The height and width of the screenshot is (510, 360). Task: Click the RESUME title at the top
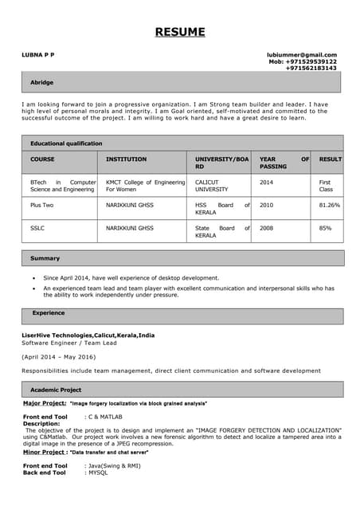pos(179,32)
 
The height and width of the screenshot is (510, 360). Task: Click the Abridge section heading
pos(42,82)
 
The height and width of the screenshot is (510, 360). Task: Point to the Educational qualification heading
pos(66,143)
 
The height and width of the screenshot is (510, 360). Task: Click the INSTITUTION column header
pos(127,159)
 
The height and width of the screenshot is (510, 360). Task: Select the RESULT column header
pos(330,159)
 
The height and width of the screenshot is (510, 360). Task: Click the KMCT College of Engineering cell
pos(145,186)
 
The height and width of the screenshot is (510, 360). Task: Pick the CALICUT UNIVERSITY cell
pos(212,186)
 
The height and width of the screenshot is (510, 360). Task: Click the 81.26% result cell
pos(329,205)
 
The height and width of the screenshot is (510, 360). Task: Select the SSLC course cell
pos(37,228)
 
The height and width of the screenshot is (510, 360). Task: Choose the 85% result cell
pos(325,228)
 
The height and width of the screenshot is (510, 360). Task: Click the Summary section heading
pos(45,258)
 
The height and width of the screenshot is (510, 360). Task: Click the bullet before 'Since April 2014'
pos(33,277)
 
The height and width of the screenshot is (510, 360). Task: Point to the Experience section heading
pos(48,313)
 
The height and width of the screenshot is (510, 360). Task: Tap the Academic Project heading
pos(56,390)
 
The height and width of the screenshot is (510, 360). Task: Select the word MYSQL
pos(97,473)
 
